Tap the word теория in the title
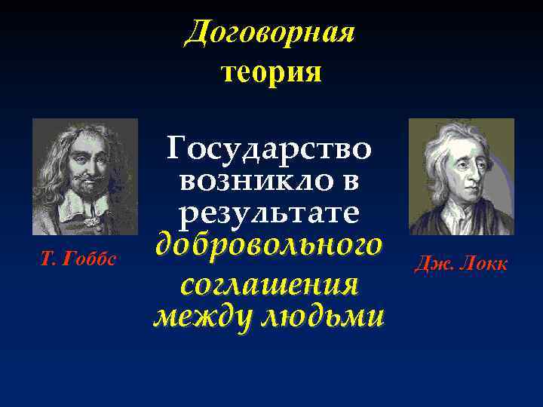pyautogui.click(x=271, y=72)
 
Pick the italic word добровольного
pyautogui.click(x=268, y=246)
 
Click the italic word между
pyautogui.click(x=201, y=317)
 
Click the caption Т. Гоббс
pyautogui.click(x=78, y=259)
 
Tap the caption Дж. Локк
pyautogui.click(x=461, y=263)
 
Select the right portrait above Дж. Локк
pyautogui.click(x=461, y=176)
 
